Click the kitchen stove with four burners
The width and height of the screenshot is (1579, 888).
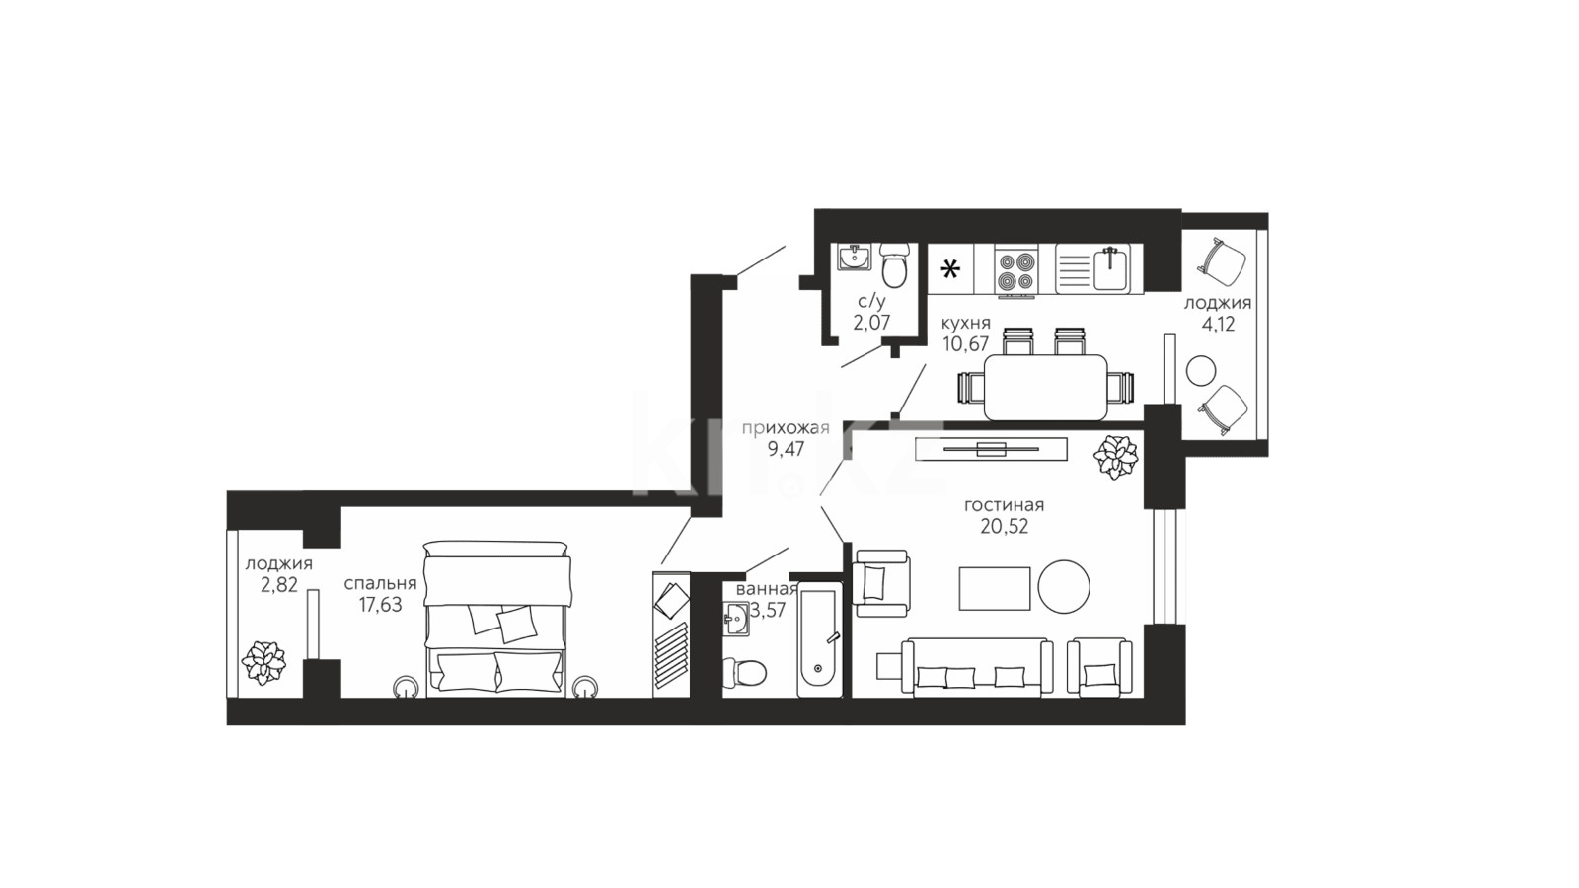coord(1015,270)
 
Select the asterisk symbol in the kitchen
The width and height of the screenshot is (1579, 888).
coord(950,269)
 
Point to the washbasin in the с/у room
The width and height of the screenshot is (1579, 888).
coord(855,258)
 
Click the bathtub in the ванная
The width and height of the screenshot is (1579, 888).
coord(819,639)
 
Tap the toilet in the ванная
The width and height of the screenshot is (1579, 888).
coord(744,672)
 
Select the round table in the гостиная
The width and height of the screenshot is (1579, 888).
coord(1064,586)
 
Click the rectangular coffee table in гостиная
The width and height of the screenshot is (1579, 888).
coord(995,588)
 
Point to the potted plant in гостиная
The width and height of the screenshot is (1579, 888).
coord(1115,457)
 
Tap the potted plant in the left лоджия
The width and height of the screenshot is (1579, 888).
coord(263,662)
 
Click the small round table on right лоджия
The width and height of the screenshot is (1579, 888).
coord(1200,371)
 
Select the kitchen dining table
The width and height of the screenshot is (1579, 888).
coord(1045,388)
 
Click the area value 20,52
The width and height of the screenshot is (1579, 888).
coord(1004,527)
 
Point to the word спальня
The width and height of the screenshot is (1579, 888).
coord(380,584)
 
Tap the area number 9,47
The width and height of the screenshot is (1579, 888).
coord(786,449)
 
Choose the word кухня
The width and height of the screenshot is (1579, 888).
coord(966,324)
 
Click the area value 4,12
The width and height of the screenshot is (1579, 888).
coord(1218,325)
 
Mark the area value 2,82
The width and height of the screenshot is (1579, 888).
coord(279,585)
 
